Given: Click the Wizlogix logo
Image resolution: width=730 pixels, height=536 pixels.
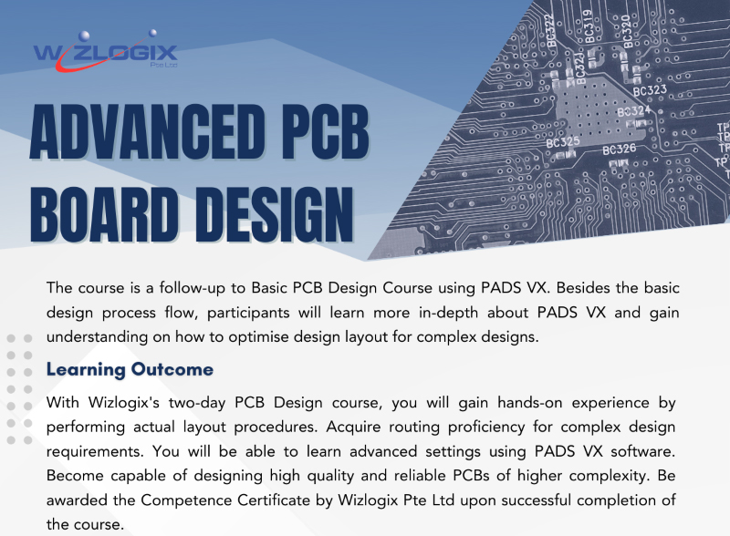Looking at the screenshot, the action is pos(106,51).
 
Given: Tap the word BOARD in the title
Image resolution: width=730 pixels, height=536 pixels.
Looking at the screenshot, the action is pos(104,215).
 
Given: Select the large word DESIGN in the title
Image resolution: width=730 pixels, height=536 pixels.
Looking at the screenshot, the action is pos(275,215).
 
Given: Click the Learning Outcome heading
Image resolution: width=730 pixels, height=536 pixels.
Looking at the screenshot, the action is pos(130,369).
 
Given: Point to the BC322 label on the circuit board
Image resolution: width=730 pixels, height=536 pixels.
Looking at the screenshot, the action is pos(551,31).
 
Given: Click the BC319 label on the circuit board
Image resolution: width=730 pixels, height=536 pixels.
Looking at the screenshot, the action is pos(589,26).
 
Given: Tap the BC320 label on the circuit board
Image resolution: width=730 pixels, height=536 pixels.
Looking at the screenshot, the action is pos(627,31).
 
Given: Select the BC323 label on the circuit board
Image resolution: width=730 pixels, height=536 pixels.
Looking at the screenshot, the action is pos(650,90).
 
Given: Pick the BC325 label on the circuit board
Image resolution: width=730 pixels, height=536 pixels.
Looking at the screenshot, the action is pos(563,142).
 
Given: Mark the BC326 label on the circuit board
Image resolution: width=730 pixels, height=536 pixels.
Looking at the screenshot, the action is pos(620,149).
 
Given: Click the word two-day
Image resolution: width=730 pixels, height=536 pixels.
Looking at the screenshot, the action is pos(197,403).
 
